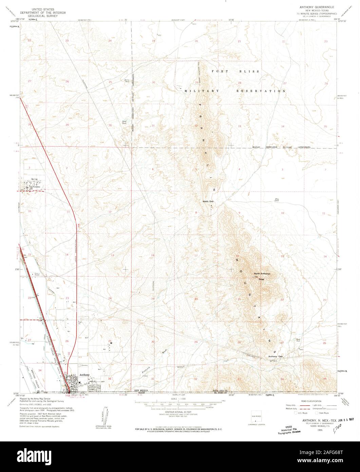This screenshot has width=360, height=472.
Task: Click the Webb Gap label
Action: click(208, 201)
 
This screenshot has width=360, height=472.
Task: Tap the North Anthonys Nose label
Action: click(262, 275)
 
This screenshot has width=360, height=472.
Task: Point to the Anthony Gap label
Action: click(276, 356)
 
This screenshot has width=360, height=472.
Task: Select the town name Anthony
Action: click(84, 375)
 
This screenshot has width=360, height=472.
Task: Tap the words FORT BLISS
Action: click(235, 72)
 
